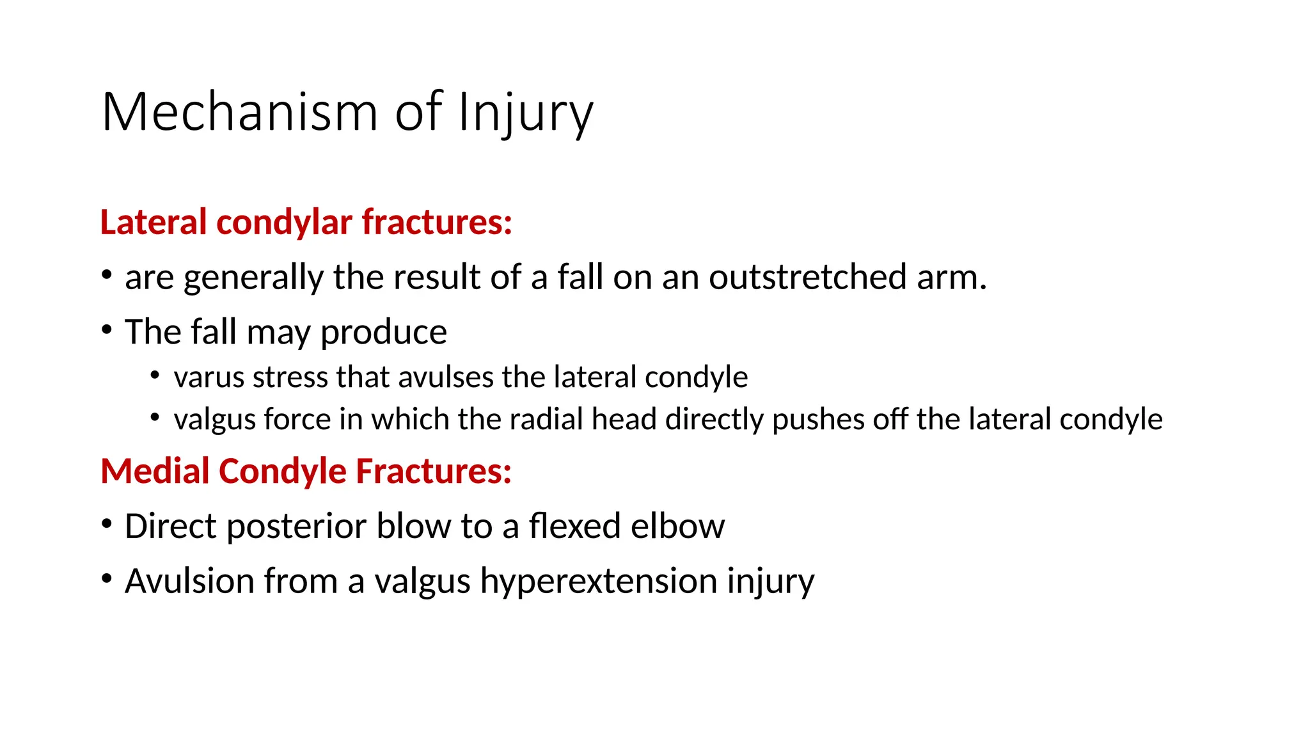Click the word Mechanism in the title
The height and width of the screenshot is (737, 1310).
[x=239, y=113]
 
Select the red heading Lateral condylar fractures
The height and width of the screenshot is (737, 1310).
[x=306, y=223]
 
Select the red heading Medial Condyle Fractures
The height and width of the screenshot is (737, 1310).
[x=306, y=472]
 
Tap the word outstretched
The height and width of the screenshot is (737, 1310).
[x=807, y=278]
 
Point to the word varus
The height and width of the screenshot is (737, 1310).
[x=210, y=377]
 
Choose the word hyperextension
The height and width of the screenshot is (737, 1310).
[x=598, y=582]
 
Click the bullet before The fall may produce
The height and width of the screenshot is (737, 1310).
[x=107, y=331]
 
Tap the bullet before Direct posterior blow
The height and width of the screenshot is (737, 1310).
[x=107, y=525]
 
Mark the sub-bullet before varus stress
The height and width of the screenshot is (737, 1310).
[x=155, y=376]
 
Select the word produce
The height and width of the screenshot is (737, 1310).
[x=383, y=333]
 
